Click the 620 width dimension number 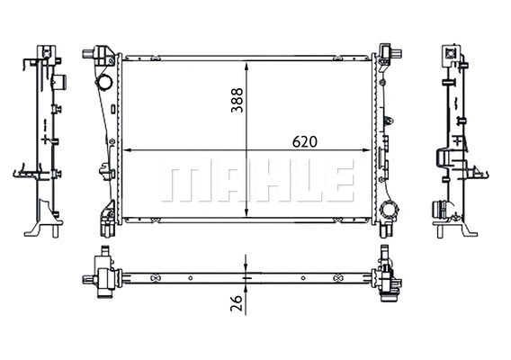(304, 142)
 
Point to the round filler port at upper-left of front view (104, 85)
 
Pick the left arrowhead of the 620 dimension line (125, 152)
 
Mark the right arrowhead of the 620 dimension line (370, 152)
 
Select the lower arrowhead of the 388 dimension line (246, 219)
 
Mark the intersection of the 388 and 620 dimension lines (246, 152)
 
